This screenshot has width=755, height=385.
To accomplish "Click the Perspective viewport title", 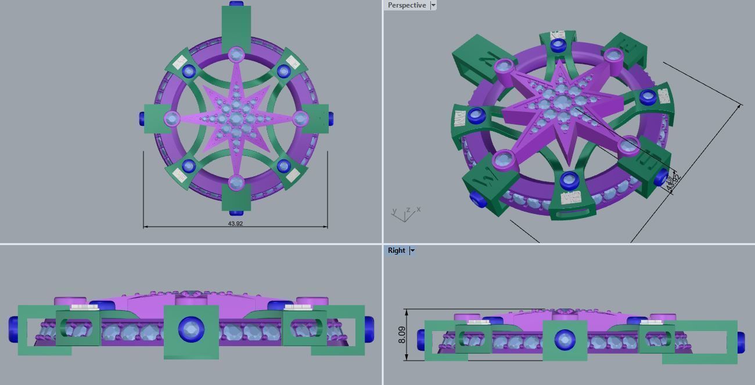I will [x=407, y=5].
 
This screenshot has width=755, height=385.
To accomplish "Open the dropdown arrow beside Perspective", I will [x=433, y=5].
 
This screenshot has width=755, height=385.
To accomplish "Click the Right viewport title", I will [x=396, y=250].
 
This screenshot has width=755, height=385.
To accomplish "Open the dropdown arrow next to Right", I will [x=412, y=250].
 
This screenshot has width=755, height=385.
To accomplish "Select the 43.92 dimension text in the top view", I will [x=235, y=223].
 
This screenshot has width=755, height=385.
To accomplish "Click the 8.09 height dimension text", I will [x=402, y=335].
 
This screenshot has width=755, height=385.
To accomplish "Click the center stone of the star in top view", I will [x=236, y=118].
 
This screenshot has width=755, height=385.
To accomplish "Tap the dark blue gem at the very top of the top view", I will [x=236, y=4].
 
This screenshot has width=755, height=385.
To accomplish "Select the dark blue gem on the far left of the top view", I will [x=142, y=119].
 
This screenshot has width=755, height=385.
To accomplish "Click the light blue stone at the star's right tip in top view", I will [x=300, y=119].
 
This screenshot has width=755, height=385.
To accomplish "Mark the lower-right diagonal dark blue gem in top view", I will [x=283, y=166].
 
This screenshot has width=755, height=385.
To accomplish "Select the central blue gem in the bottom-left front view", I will [x=191, y=329].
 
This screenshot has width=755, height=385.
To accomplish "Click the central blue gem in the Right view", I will [x=565, y=340].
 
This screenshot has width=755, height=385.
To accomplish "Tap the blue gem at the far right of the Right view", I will [x=741, y=342].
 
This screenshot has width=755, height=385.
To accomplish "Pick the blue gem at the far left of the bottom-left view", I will [x=13, y=329].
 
